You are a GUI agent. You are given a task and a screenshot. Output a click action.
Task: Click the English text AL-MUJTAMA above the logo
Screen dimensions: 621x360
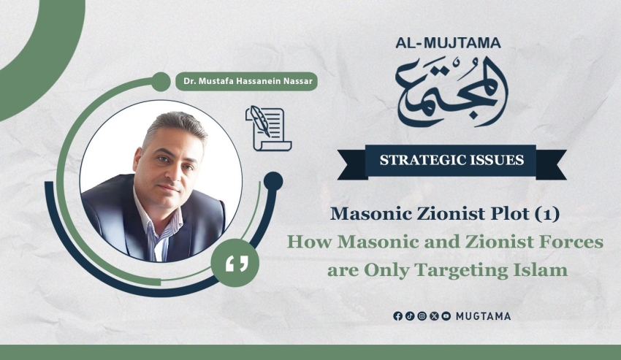coord(448,43)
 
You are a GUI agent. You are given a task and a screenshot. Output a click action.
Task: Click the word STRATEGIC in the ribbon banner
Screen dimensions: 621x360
coord(422,160)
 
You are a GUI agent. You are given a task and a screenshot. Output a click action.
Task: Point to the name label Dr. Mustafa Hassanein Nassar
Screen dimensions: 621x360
coord(248,81)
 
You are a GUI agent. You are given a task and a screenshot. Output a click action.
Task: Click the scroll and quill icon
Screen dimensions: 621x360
coord(268,129)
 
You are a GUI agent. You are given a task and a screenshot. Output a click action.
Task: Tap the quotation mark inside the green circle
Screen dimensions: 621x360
coord(237,264)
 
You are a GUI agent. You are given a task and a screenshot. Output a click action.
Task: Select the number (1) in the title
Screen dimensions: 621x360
coord(547,214)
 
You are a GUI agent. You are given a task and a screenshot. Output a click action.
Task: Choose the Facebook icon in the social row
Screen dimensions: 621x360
coord(397,316)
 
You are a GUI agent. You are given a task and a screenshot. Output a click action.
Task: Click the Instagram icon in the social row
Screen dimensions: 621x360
coord(422,316)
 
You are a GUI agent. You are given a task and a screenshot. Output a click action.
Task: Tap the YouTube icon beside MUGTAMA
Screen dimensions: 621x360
coord(446,316)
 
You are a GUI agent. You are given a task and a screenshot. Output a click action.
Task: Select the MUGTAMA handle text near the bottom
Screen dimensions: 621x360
coord(483,316)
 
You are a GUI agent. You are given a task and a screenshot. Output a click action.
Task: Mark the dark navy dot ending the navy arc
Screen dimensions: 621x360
coord(273,181)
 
